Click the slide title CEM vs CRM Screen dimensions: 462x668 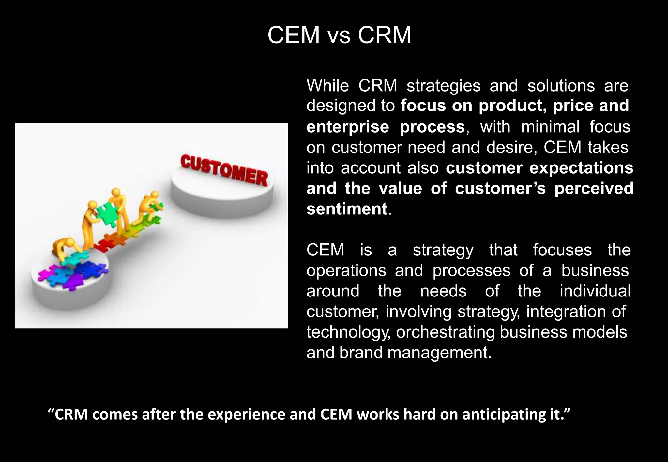pyautogui.click(x=339, y=35)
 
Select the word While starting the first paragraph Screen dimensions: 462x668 pyautogui.click(x=327, y=86)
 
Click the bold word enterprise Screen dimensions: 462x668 pyautogui.click(x=348, y=127)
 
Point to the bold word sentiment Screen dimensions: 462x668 pyautogui.click(x=346, y=209)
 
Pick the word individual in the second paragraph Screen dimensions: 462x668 pyautogui.click(x=595, y=291)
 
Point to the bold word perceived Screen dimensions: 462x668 pyautogui.click(x=594, y=189)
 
